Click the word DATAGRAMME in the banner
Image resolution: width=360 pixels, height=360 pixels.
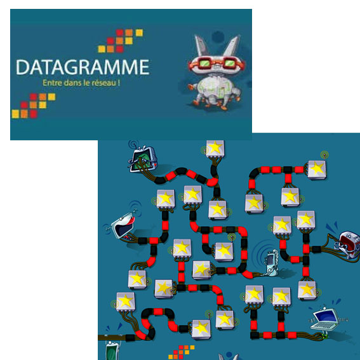83,67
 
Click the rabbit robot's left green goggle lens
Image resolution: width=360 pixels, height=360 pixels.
204,62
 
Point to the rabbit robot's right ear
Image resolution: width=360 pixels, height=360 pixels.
232,46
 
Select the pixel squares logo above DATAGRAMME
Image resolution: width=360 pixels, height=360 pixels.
120,41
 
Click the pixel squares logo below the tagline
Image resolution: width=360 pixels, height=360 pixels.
34,105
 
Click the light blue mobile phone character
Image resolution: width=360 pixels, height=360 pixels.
272,263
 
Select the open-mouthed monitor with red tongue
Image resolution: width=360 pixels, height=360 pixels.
123,227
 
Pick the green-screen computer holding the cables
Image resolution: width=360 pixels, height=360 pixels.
143,160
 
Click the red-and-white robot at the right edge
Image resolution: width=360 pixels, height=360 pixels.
349,244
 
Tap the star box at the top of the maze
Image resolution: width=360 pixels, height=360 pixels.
215,149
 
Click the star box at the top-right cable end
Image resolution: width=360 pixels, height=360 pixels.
317,170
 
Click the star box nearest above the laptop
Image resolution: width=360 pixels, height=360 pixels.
307,290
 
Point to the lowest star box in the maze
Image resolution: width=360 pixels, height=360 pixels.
201,330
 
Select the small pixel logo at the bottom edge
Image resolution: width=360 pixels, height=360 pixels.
182,352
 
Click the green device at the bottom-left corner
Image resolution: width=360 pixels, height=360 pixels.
113,350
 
